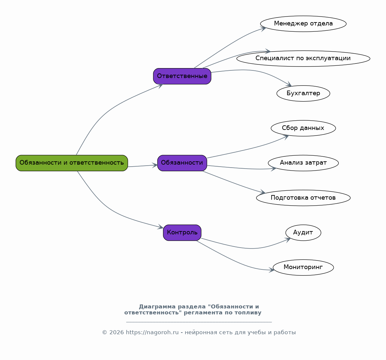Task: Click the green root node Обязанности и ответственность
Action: pyautogui.click(x=72, y=163)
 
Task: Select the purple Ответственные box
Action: pyautogui.click(x=182, y=76)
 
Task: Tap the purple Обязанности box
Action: pyautogui.click(x=182, y=163)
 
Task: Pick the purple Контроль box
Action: pyautogui.click(x=182, y=233)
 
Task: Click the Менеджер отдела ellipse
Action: pyautogui.click(x=303, y=24)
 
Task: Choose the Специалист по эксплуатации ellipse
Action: pyautogui.click(x=303, y=59)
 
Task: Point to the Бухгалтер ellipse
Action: pyautogui.click(x=303, y=93)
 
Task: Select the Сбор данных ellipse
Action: pyautogui.click(x=303, y=128)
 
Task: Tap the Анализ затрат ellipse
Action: pyautogui.click(x=303, y=163)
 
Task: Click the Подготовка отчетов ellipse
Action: pyautogui.click(x=303, y=198)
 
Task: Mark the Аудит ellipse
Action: pyautogui.click(x=303, y=233)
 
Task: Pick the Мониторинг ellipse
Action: pyautogui.click(x=303, y=267)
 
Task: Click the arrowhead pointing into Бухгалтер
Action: pyautogui.click(x=289, y=84)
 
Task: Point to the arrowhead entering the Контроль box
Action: pyautogui.click(x=161, y=227)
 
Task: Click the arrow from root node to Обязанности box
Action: pyautogui.click(x=142, y=166)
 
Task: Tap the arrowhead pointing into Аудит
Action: pyautogui.click(x=288, y=240)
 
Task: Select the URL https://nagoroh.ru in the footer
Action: pyautogui.click(x=152, y=333)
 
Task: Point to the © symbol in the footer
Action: pyautogui.click(x=105, y=333)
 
